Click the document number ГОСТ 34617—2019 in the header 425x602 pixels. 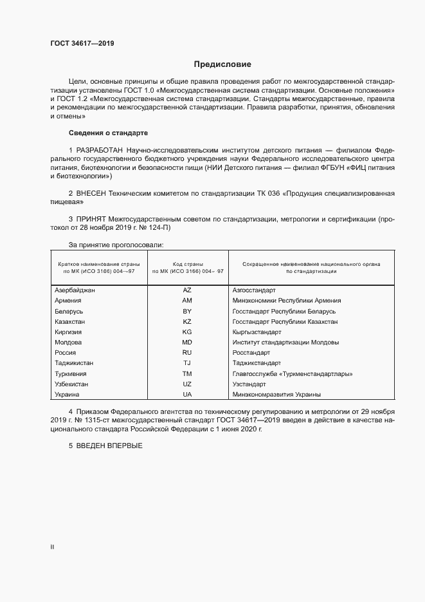tap(82, 44)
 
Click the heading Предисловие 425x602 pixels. tap(222, 64)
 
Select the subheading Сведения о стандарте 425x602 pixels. tap(108, 133)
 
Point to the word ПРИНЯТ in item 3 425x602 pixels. tap(93, 220)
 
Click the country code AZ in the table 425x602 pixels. tap(187, 290)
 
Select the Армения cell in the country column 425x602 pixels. tap(68, 301)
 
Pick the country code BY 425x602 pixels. tap(187, 311)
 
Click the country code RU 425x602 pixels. tap(187, 353)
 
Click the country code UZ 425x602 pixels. tap(187, 384)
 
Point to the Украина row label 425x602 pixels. tap(68, 395)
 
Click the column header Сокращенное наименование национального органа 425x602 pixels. tap(311, 265)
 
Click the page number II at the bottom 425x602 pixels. tap(52, 547)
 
